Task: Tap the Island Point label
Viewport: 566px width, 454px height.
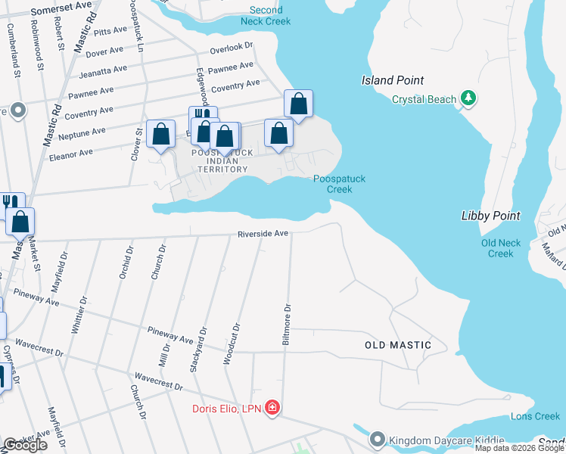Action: tap(392, 80)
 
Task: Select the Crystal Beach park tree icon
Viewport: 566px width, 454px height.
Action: tap(469, 98)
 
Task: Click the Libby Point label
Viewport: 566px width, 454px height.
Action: tap(490, 216)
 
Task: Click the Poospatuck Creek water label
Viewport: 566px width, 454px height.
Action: tap(340, 184)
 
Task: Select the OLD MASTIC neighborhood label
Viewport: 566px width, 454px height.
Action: tap(398, 345)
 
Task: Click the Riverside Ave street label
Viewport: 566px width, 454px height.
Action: tap(263, 234)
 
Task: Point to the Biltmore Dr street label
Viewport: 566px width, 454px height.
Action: tap(287, 325)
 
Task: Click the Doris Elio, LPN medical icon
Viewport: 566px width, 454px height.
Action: tap(272, 409)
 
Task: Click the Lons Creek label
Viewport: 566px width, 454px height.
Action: tap(535, 416)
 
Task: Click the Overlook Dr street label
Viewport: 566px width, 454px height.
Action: tap(232, 47)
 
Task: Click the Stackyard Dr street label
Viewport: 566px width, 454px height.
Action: tap(201, 346)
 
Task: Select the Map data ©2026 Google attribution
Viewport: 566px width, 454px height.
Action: tap(519, 448)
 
